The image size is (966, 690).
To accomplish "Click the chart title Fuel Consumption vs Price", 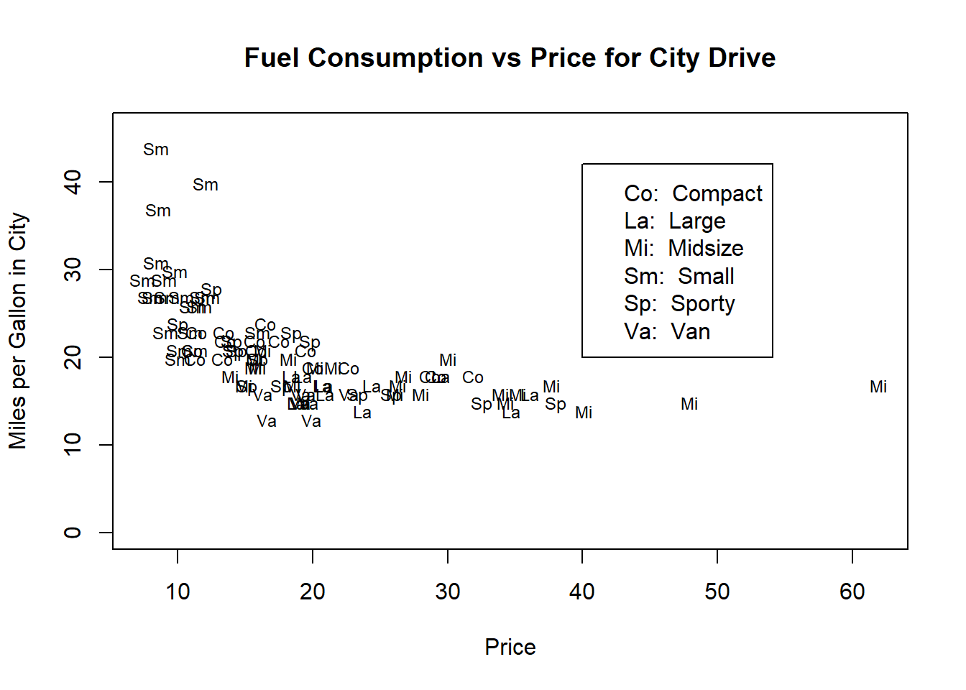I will [510, 58].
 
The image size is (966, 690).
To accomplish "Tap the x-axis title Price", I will [510, 647].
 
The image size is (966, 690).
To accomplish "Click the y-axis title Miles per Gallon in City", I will [18, 331].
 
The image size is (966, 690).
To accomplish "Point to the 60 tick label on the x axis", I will [852, 592].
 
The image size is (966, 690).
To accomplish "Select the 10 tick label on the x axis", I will [178, 592].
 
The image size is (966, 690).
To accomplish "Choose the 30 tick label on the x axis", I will [447, 592].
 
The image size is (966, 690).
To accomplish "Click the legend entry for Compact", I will [693, 193].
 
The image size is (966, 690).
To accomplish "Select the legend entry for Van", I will [667, 332].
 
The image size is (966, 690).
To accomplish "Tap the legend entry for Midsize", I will [684, 249].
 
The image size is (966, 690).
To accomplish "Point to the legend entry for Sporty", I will [679, 304].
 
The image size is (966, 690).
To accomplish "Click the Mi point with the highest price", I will [878, 387].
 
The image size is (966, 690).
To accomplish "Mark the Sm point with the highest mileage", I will [156, 149].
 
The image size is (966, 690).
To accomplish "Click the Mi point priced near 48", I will [689, 404].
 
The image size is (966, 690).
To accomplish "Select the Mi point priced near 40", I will [584, 413].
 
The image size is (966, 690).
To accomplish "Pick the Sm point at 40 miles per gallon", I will [206, 185].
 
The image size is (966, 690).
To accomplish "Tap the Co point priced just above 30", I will [473, 377].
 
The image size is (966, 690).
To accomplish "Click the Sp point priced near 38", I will [556, 404].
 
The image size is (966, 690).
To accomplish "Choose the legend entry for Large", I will [675, 221].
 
